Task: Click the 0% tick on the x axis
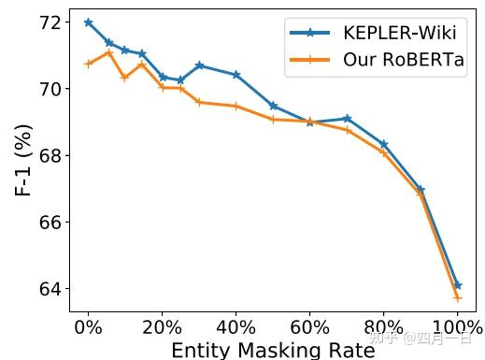(x=89, y=328)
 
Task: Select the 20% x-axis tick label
(x=162, y=328)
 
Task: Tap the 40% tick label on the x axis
(x=235, y=328)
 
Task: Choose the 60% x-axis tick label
(x=309, y=328)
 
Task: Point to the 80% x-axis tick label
(x=383, y=328)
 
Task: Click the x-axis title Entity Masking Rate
(x=273, y=350)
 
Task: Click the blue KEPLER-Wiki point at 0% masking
(x=88, y=22)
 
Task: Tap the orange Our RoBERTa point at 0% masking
(x=88, y=64)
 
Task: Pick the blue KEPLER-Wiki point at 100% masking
(x=457, y=285)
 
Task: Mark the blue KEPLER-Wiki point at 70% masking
(x=347, y=119)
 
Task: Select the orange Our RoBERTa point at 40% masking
(x=235, y=107)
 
